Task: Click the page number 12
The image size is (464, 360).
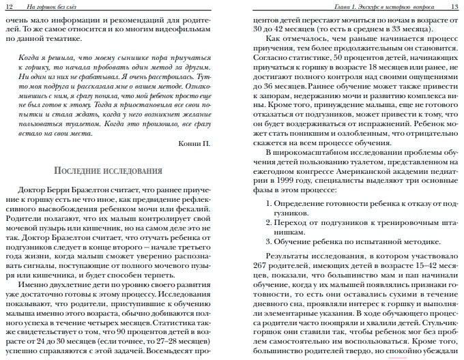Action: tap(9, 5)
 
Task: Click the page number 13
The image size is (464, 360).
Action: tap(454, 5)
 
